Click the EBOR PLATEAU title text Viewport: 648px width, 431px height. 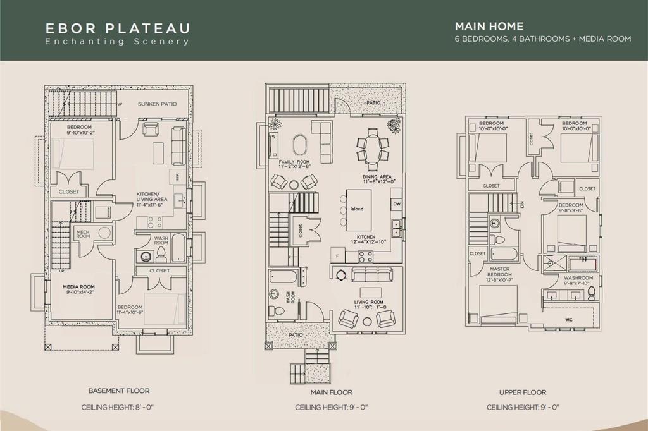[118, 28]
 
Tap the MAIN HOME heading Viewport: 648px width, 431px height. [489, 27]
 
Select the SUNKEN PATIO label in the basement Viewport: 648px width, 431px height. [158, 104]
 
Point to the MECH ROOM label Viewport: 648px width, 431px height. [84, 233]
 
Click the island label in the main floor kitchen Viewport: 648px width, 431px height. [357, 209]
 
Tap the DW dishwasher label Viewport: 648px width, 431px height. [397, 205]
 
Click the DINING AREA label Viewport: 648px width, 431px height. [379, 178]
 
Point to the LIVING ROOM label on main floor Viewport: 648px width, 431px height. [369, 303]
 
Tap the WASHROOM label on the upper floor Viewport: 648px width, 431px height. [578, 277]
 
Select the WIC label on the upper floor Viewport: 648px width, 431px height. [568, 320]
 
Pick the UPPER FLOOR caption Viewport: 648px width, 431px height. [522, 392]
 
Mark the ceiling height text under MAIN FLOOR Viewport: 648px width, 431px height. [331, 408]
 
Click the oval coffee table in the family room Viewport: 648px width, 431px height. [301, 143]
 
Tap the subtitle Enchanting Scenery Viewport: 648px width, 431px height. [117, 42]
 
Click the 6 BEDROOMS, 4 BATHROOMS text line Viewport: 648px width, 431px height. [542, 39]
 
